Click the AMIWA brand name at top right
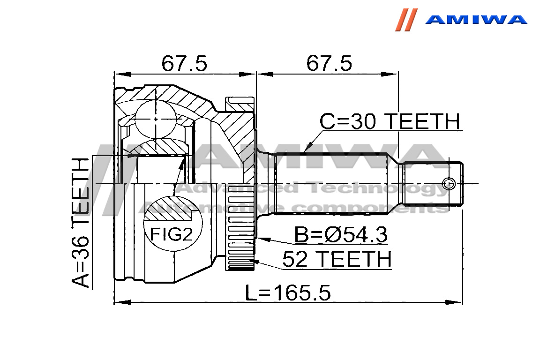(x=476, y=19)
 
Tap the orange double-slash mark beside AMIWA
(x=406, y=20)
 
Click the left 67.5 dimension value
(x=185, y=64)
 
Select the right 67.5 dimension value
(x=329, y=64)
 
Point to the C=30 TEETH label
(x=390, y=121)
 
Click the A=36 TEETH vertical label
(x=81, y=222)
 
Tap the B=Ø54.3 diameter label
(x=341, y=235)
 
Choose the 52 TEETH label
(x=337, y=259)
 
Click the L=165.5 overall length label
(x=288, y=293)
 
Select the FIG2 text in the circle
(x=171, y=235)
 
